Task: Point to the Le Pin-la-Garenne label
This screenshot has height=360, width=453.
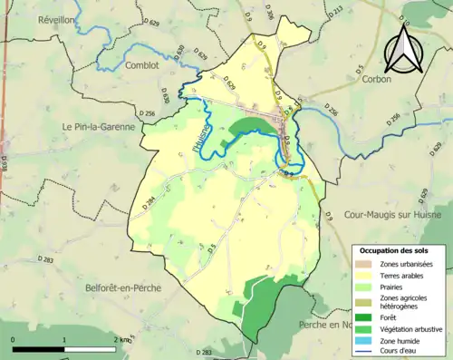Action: (98, 127)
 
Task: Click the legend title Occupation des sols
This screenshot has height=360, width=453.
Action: (394, 249)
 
